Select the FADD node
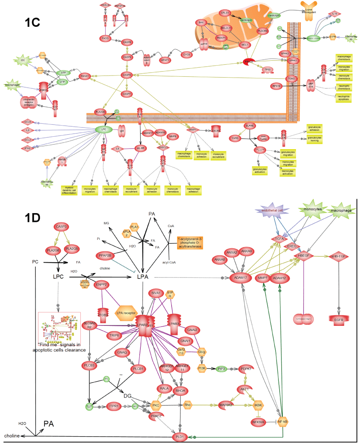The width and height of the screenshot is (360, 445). [x=106, y=38]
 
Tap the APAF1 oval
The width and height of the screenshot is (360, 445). [x=165, y=60]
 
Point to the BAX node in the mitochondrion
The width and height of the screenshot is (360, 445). [x=202, y=23]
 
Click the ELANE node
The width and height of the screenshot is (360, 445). [x=250, y=126]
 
